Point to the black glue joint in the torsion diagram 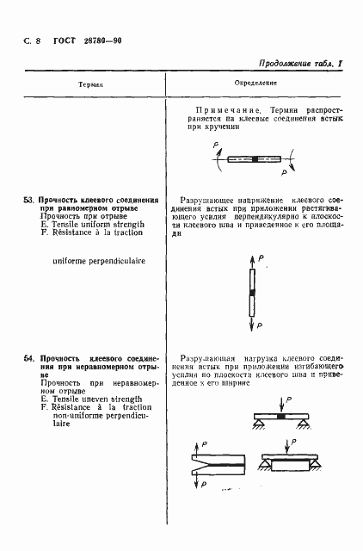point(255,158)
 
